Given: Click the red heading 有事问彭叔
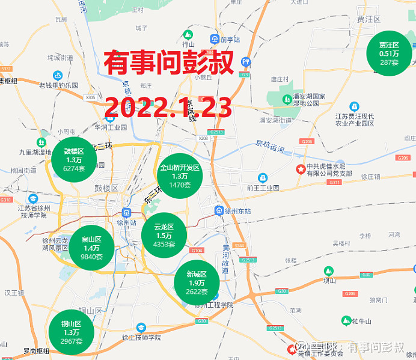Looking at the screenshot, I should [x=169, y=63].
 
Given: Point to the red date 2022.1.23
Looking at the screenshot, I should [x=168, y=107].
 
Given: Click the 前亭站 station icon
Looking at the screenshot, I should [x=215, y=40].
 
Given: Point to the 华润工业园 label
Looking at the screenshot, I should [x=111, y=127].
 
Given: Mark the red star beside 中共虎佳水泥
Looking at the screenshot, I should [x=299, y=170].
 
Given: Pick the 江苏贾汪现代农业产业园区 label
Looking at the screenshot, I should [x=355, y=119].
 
